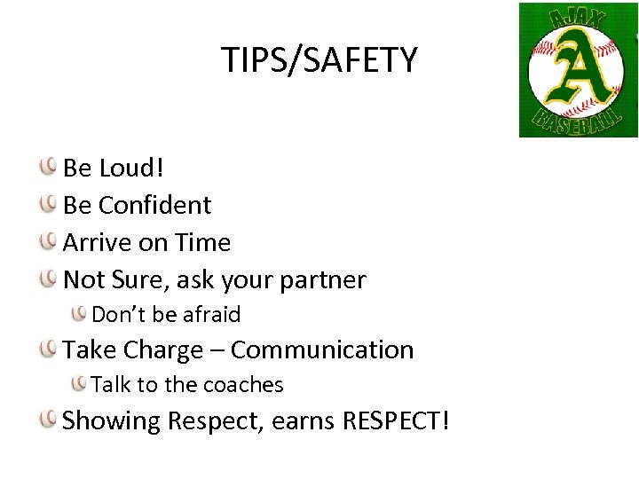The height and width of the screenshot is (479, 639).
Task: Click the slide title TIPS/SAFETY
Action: click(319, 60)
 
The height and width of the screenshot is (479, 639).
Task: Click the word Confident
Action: click(154, 205)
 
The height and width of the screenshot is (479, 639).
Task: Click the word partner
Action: click(321, 280)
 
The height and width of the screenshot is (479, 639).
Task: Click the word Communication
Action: click(322, 349)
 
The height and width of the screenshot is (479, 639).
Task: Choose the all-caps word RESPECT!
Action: click(393, 420)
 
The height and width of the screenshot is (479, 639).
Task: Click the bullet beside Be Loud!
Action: click(50, 166)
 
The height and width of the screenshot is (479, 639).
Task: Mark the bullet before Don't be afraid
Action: click(80, 313)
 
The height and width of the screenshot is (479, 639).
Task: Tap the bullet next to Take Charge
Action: click(50, 349)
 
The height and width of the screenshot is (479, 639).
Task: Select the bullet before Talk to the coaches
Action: click(80, 384)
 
